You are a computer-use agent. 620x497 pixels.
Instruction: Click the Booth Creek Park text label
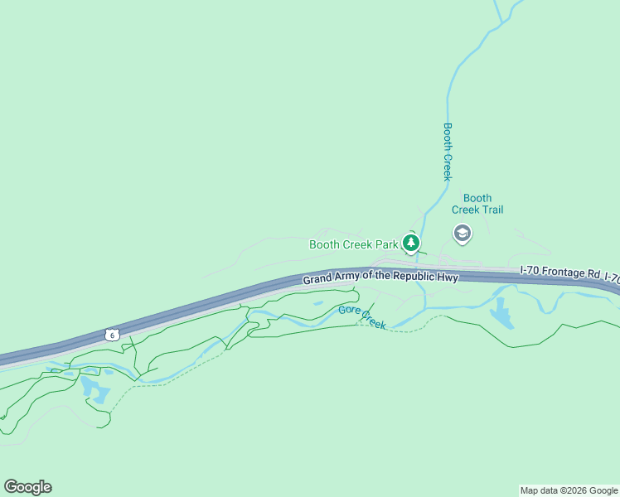(353, 244)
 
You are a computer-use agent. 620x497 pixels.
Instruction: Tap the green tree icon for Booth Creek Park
(410, 243)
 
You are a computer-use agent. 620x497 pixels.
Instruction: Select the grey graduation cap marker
(462, 234)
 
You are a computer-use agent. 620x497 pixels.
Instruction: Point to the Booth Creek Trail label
(477, 204)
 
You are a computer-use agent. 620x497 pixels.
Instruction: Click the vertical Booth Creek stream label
(448, 152)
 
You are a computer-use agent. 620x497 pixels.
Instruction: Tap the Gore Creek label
(362, 316)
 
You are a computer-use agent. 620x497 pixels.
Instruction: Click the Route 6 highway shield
(112, 334)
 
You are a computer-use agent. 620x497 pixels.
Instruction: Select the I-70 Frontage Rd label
(560, 271)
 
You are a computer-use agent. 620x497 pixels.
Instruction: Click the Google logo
(27, 487)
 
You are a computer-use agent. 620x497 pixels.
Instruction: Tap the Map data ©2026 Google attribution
(569, 490)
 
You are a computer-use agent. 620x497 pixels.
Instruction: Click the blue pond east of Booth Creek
(501, 314)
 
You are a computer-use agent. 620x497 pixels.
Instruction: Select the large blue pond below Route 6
(96, 389)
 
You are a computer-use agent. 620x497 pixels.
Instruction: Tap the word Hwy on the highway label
(448, 277)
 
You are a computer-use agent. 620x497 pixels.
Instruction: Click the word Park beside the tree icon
(385, 244)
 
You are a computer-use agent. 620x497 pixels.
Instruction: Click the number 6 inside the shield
(112, 334)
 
